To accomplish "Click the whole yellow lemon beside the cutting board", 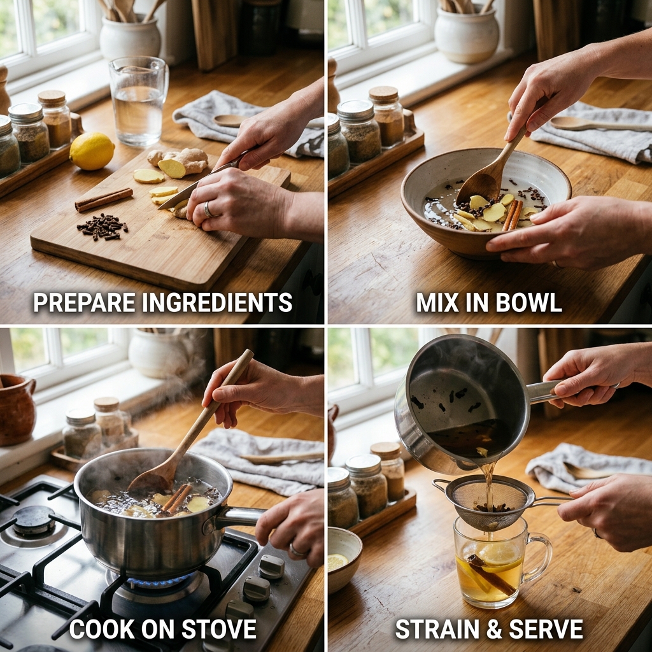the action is [92, 151].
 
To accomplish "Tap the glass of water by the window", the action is [138, 101].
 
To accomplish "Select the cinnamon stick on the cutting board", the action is [104, 199].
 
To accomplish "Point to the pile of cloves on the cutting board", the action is [103, 227].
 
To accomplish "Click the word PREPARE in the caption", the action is [85, 302].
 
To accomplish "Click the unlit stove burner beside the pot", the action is [32, 522].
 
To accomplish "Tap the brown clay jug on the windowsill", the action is [16, 409].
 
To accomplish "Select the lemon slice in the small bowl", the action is [337, 562].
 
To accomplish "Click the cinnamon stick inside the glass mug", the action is [491, 574].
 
